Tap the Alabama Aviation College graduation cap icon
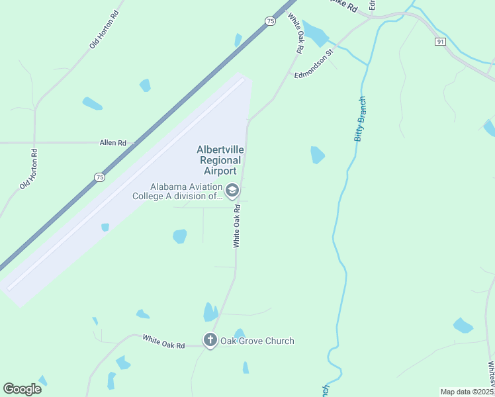click(x=232, y=191)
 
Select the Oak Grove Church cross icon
click(x=210, y=341)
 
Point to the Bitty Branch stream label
click(x=360, y=119)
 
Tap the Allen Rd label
click(x=112, y=142)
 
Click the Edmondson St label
click(x=313, y=64)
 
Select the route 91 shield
click(x=441, y=41)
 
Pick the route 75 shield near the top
click(x=270, y=21)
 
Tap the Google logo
click(x=22, y=389)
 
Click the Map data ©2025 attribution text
click(x=467, y=392)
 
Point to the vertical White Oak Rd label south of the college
click(x=236, y=226)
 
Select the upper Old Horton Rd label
click(x=104, y=30)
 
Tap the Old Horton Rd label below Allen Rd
click(x=28, y=169)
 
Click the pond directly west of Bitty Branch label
click(x=318, y=155)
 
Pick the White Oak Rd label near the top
click(x=295, y=34)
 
